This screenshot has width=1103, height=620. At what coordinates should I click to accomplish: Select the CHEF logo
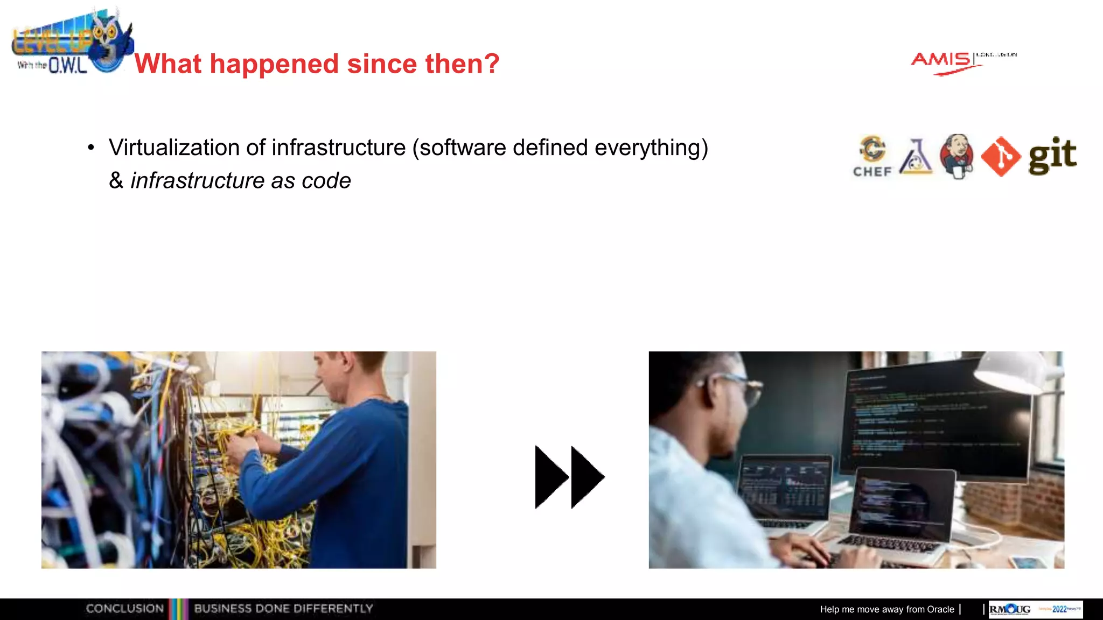click(872, 156)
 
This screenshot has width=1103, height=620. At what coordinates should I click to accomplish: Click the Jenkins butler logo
click(957, 156)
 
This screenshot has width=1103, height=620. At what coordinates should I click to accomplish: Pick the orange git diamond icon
click(1000, 157)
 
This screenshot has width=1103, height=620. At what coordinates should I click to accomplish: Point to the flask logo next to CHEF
click(916, 157)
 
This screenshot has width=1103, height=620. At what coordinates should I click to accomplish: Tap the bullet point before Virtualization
click(91, 147)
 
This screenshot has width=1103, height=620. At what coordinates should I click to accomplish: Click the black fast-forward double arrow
click(569, 477)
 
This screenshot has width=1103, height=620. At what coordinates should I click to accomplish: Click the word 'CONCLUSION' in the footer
click(124, 609)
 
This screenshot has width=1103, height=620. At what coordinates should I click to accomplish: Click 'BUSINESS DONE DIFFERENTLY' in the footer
click(283, 609)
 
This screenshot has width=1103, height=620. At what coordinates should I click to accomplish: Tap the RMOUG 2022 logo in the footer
click(1035, 609)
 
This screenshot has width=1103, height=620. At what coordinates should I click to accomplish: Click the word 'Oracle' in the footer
click(940, 609)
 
